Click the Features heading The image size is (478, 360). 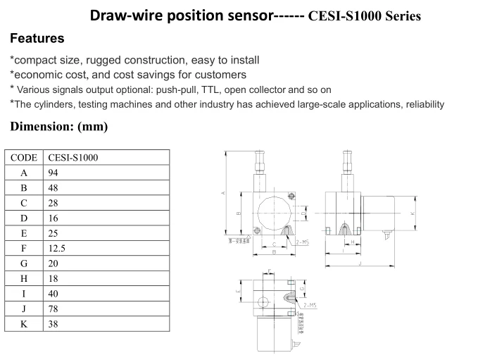pyautogui.click(x=37, y=39)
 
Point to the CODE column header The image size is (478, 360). pyautogui.click(x=23, y=157)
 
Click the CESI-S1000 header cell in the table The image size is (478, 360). pyautogui.click(x=73, y=157)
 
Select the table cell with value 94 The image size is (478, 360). pyautogui.click(x=54, y=173)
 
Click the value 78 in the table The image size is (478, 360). pyautogui.click(x=54, y=309)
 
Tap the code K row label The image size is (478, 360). pyautogui.click(x=23, y=324)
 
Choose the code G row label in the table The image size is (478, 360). pyautogui.click(x=23, y=263)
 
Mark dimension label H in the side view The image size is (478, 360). pyautogui.click(x=352, y=242)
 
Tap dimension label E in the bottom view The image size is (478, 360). pyautogui.click(x=239, y=290)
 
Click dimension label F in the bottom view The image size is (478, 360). pyautogui.click(x=270, y=271)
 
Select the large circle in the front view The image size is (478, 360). pyautogui.click(x=275, y=211)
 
